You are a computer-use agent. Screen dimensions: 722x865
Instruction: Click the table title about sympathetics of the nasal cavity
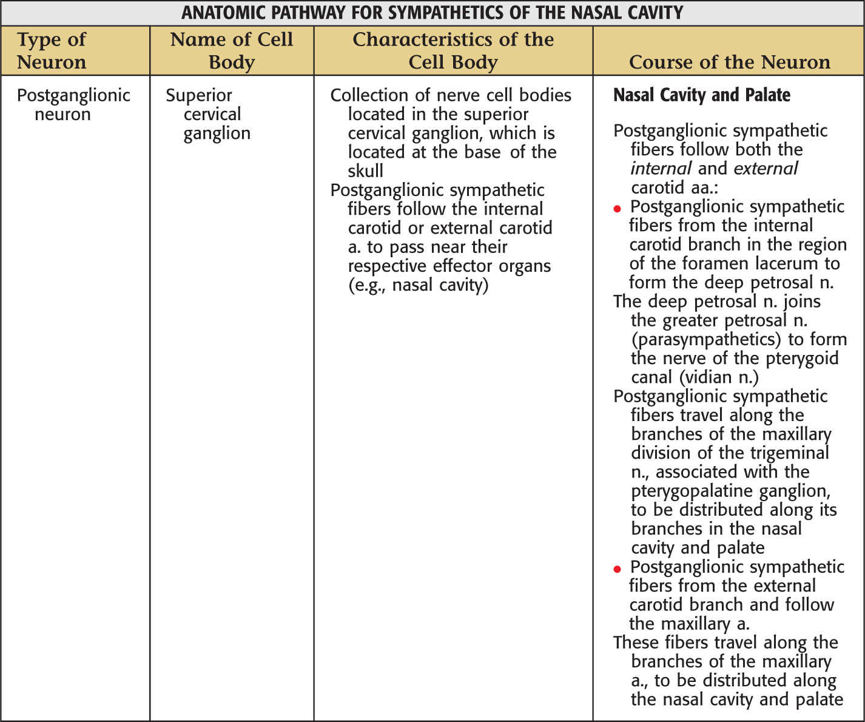pyautogui.click(x=432, y=13)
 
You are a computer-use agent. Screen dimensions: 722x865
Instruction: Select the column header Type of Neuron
pyautogui.click(x=52, y=50)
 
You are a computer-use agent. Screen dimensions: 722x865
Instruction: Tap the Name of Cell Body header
pyautogui.click(x=231, y=50)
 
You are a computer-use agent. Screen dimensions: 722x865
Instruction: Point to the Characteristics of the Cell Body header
pyautogui.click(x=453, y=50)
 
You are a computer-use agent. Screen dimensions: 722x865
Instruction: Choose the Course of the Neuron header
pyautogui.click(x=729, y=62)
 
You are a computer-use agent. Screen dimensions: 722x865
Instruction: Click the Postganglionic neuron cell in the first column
pyautogui.click(x=73, y=104)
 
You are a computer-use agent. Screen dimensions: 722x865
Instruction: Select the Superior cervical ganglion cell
pyautogui.click(x=207, y=114)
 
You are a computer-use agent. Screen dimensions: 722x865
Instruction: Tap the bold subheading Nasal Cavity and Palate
pyautogui.click(x=702, y=95)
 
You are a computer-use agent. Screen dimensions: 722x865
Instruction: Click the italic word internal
pyautogui.click(x=661, y=169)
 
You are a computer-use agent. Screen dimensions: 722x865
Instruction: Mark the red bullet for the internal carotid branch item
pyautogui.click(x=618, y=209)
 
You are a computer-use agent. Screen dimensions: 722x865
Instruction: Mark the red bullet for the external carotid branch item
pyautogui.click(x=618, y=570)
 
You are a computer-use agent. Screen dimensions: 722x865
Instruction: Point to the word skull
pyautogui.click(x=365, y=171)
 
